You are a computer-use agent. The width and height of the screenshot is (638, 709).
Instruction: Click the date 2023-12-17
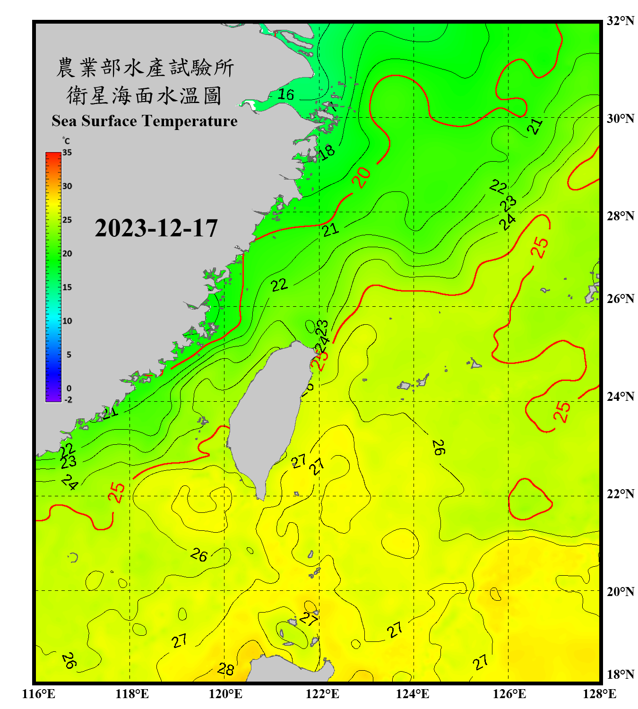coord(156,228)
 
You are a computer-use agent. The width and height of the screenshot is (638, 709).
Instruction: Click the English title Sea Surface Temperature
coord(145,121)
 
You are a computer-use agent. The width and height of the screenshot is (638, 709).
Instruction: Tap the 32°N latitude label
coord(620,21)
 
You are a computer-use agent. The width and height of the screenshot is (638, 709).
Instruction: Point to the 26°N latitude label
coord(620,299)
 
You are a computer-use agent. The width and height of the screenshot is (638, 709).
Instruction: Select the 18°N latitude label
coord(620,674)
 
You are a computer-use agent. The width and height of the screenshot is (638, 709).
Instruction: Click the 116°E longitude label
coord(39,694)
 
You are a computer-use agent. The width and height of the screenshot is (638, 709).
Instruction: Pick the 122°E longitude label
coord(322,694)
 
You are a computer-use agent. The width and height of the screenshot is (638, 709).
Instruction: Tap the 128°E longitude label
coord(599,694)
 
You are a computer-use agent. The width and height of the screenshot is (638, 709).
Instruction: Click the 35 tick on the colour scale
coord(67,153)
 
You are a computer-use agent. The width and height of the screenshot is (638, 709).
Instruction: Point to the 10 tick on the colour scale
coord(67,321)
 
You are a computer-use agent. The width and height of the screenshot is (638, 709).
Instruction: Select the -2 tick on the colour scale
coord(68,399)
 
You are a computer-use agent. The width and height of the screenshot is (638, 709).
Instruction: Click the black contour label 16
coord(285,95)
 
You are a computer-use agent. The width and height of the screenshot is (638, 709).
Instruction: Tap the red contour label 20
coord(362,178)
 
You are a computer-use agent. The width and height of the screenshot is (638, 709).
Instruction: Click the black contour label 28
coord(226,669)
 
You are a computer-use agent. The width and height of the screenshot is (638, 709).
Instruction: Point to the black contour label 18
coord(327,152)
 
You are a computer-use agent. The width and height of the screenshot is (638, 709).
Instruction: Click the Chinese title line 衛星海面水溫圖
coord(144,96)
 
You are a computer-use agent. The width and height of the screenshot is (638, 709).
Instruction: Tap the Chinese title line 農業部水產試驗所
coord(145,68)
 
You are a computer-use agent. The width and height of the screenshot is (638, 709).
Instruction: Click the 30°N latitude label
coord(620,118)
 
